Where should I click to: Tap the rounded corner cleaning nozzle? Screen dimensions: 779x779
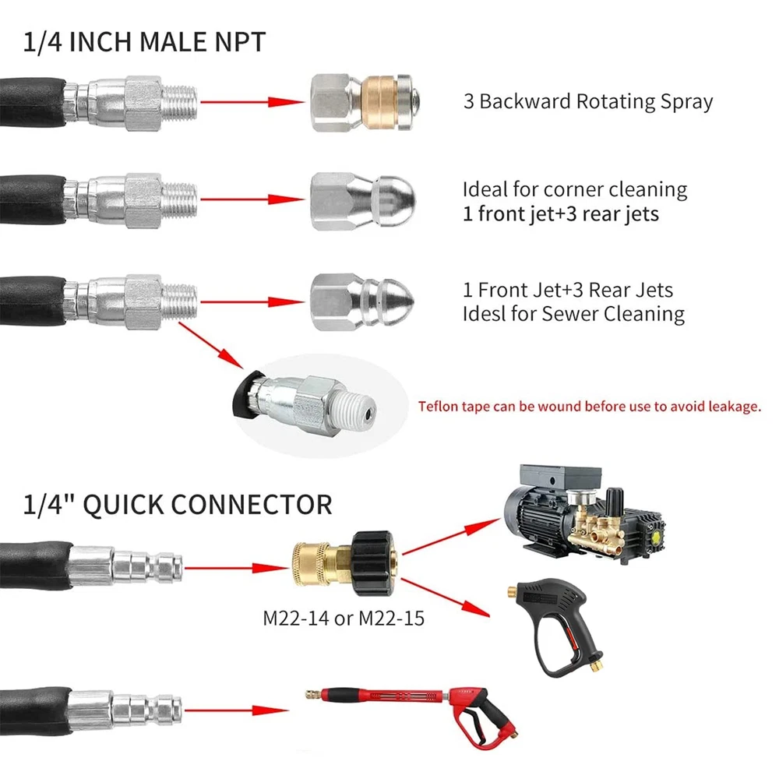[361, 201]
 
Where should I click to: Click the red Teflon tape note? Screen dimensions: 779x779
[589, 406]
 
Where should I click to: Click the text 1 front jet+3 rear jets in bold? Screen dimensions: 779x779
[560, 213]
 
